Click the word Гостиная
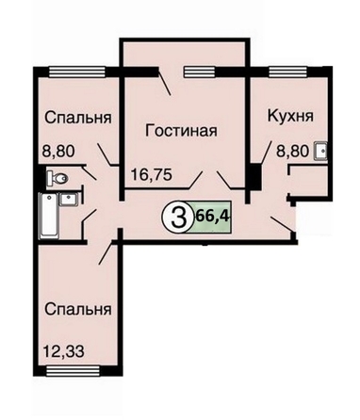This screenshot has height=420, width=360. (x=181, y=131)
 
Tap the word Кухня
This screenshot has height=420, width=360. (x=290, y=116)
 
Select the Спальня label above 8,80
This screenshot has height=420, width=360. (x=78, y=118)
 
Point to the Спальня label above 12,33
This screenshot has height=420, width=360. (x=78, y=309)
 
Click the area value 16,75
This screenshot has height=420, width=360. (x=152, y=174)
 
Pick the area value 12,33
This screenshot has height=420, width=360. (x=64, y=350)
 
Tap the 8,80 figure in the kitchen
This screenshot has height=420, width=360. (x=291, y=152)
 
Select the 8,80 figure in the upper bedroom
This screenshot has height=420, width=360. (x=58, y=152)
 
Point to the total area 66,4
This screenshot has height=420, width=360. (x=212, y=216)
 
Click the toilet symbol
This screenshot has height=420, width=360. (x=57, y=179)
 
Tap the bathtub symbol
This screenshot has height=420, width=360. (x=48, y=216)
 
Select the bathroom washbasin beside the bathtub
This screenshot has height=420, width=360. (x=69, y=200)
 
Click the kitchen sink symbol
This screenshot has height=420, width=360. (x=320, y=152)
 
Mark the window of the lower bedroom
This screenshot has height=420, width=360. (x=73, y=371)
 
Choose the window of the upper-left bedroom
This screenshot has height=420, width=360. (x=77, y=72)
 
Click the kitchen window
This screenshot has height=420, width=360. (x=287, y=72)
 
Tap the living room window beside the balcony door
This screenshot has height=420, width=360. (x=199, y=72)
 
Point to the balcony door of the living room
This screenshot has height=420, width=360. (x=165, y=83)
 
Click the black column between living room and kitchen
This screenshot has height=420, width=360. (x=256, y=176)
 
